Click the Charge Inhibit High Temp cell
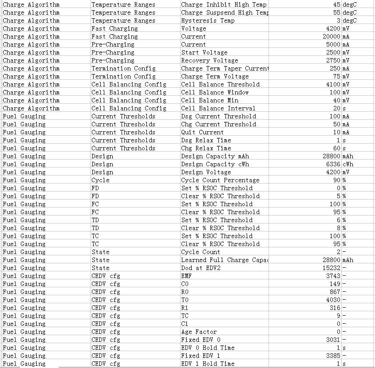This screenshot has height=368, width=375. pyautogui.click(x=224, y=4)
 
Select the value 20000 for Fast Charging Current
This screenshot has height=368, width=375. pyautogui.click(x=331, y=36)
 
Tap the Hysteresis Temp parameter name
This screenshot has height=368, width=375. pyautogui.click(x=208, y=20)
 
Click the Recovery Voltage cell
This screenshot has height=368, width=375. pyautogui.click(x=209, y=60)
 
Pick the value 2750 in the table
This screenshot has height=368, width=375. pyautogui.click(x=333, y=60)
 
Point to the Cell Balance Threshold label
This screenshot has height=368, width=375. pyautogui.click(x=220, y=84)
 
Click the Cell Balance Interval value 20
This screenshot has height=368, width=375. pyautogui.click(x=337, y=108)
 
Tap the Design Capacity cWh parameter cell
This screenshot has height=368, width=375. pyautogui.click(x=215, y=164)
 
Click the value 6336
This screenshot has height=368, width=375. pyautogui.click(x=333, y=164)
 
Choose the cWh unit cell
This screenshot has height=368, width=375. pyautogui.click(x=348, y=164)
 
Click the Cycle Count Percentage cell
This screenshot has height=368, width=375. pyautogui.click(x=220, y=180)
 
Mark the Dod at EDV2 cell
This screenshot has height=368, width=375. pyautogui.click(x=201, y=268)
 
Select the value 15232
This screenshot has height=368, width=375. pyautogui.click(x=331, y=268)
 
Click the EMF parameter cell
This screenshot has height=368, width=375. pyautogui.click(x=186, y=276)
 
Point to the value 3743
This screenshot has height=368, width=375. pyautogui.click(x=333, y=276)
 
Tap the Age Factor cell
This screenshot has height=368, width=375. pyautogui.click(x=199, y=332)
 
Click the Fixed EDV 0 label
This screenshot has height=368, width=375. pyautogui.click(x=201, y=340)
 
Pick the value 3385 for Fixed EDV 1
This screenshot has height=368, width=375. pyautogui.click(x=333, y=356)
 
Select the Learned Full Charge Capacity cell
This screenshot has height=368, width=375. pyautogui.click(x=225, y=260)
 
